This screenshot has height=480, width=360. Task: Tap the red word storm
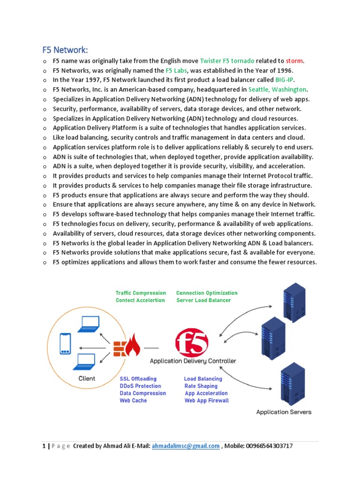[x=295, y=60]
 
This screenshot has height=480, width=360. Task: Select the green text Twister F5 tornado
[x=227, y=60]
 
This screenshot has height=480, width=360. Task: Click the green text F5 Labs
[x=176, y=70]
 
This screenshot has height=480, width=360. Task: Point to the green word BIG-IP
[x=285, y=80]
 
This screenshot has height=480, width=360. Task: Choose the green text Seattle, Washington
[x=277, y=90]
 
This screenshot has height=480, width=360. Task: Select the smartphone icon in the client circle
[x=65, y=344]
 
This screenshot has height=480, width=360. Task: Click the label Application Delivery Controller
[x=193, y=361]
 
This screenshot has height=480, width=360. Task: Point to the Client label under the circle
[x=87, y=378]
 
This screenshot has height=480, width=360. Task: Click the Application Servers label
[x=284, y=412]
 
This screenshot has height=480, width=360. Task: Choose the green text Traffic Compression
[x=141, y=293]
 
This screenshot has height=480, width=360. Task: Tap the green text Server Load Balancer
[x=203, y=300]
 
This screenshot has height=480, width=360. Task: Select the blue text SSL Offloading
[x=138, y=379]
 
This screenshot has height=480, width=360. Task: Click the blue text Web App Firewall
[x=207, y=401]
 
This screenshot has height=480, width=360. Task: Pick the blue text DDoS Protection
[x=141, y=386]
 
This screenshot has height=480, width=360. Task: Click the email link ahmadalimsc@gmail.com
[x=186, y=446]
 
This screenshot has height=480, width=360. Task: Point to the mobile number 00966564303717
[x=269, y=446]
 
